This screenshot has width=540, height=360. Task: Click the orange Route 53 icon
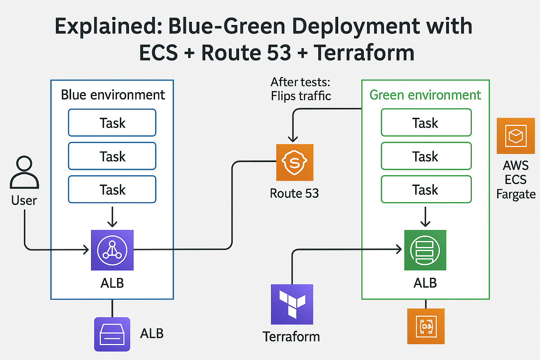click(295, 162)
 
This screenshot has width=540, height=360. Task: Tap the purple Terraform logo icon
click(292, 304)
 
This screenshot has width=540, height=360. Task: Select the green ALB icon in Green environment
click(425, 250)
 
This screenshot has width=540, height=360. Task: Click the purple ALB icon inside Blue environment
click(112, 250)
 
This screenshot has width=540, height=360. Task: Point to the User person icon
click(24, 173)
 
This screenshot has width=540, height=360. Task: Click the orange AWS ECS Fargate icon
click(515, 136)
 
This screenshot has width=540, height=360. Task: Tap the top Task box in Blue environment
click(112, 123)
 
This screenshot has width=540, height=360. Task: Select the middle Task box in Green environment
click(426, 156)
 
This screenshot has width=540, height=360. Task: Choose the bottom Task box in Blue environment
click(112, 189)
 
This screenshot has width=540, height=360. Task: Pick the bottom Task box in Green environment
click(426, 189)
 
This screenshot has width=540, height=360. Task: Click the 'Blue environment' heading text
click(113, 95)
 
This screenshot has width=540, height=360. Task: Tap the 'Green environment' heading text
click(425, 95)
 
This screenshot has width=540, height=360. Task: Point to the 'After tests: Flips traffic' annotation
click(301, 89)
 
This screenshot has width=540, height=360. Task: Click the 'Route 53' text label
click(294, 193)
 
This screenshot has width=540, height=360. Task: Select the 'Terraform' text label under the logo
click(291, 337)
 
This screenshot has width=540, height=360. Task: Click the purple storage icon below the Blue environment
click(112, 334)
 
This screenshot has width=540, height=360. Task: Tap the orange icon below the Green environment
click(426, 326)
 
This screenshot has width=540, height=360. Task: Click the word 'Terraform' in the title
click(364, 53)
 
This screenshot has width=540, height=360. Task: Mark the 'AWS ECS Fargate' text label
click(516, 180)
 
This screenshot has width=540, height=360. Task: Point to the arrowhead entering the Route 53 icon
click(293, 139)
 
